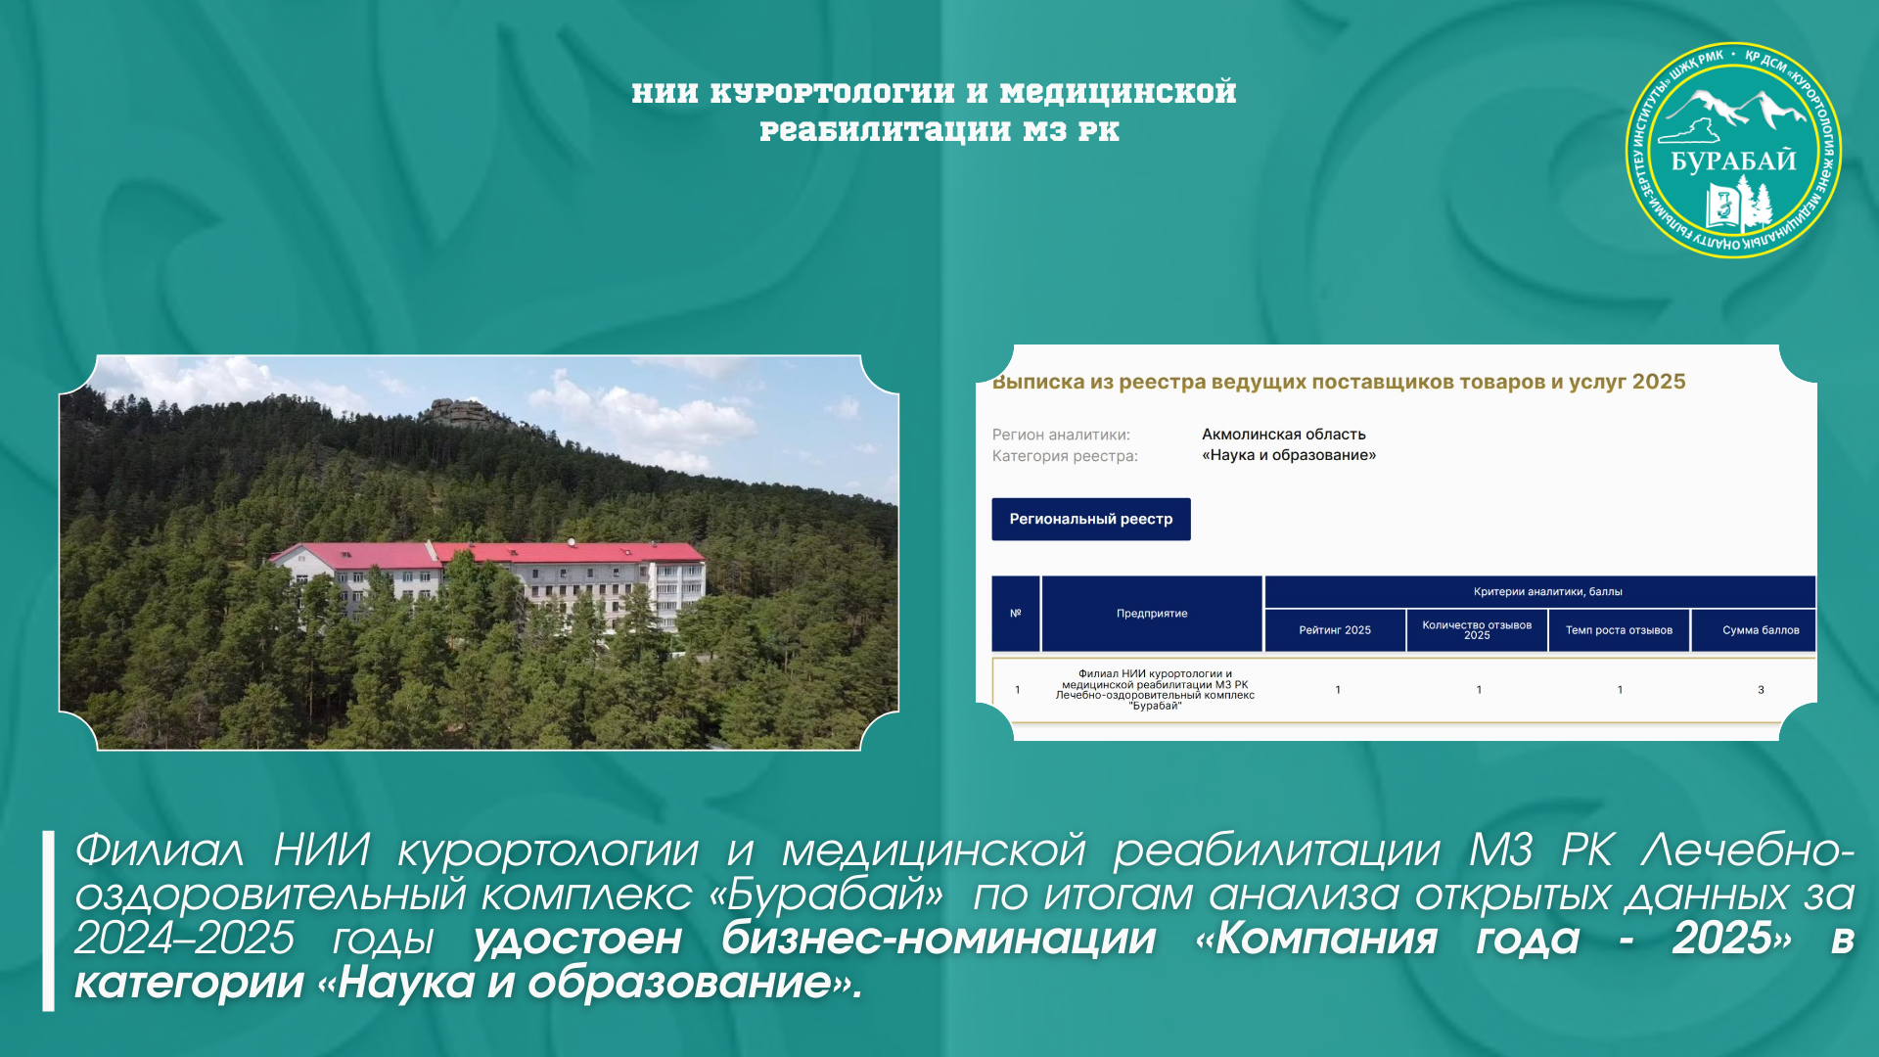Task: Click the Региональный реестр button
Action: tap(1091, 519)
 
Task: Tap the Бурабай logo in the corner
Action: tap(1733, 150)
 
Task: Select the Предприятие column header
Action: tap(1152, 614)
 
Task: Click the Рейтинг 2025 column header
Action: tap(1335, 630)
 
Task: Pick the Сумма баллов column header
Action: tap(1761, 630)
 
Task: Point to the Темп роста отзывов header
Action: tap(1619, 630)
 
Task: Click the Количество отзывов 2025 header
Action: tap(1477, 630)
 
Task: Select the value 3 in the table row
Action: tap(1761, 690)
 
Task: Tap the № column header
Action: tap(1016, 614)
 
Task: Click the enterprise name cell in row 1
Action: tap(1155, 690)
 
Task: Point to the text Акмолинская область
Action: tap(1284, 435)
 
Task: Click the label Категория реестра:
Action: tap(1065, 456)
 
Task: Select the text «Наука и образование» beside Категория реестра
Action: tap(1289, 455)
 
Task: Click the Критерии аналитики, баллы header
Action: tap(1547, 591)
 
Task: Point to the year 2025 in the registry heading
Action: tap(1659, 382)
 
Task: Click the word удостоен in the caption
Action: tap(577, 939)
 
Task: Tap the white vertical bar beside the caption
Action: tap(48, 921)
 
